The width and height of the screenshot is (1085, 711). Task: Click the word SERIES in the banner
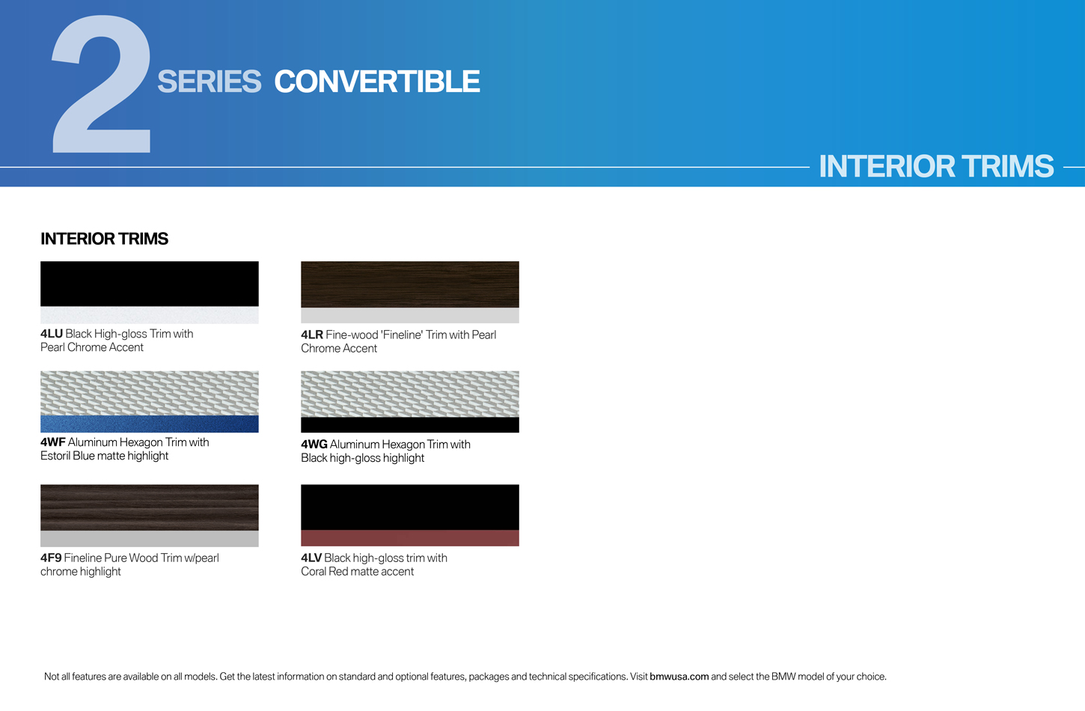coord(210,82)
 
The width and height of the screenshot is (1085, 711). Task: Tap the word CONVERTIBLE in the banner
coord(377,82)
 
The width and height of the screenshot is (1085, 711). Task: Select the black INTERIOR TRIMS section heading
coord(104,239)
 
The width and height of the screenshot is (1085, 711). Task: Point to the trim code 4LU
coord(52,334)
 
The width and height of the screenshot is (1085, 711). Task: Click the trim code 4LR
coord(312,335)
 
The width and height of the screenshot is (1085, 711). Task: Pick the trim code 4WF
coord(53,442)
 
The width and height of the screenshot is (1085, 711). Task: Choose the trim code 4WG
coord(314,444)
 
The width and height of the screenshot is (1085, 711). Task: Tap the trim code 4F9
coord(51,558)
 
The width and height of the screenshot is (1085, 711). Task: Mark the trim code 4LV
coord(311,558)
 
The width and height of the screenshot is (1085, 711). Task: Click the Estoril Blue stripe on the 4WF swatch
coord(149,424)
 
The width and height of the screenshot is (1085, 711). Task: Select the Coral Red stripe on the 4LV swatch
coord(410,538)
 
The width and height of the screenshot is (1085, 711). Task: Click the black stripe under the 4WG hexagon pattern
coord(410,425)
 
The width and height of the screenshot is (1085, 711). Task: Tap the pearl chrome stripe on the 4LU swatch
coord(149,315)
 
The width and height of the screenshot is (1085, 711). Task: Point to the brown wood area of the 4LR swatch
coord(410,284)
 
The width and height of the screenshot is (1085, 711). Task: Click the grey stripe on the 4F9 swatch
coord(149,539)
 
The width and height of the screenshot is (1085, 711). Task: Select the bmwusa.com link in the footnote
coord(679,677)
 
